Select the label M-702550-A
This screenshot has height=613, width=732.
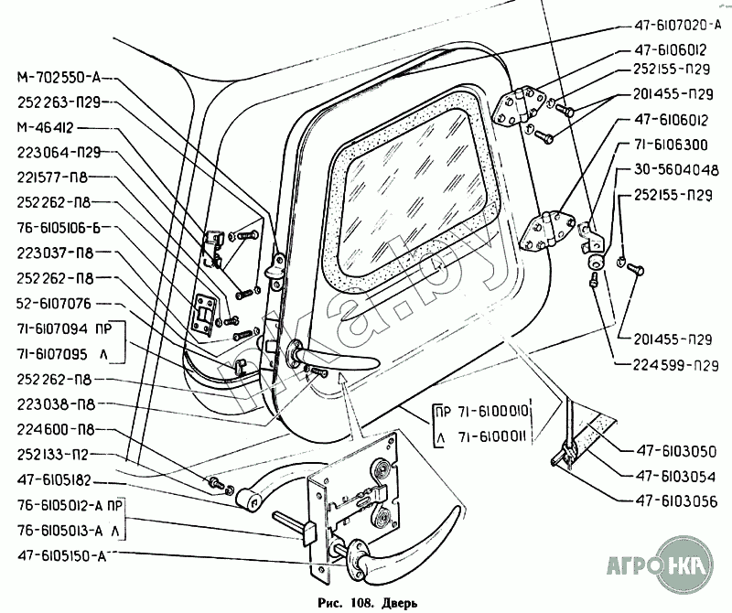[59, 78]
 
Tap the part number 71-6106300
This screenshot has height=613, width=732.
[671, 145]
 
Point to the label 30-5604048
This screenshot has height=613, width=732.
[676, 170]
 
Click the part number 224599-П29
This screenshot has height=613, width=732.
[675, 365]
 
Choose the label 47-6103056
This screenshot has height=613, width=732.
[676, 501]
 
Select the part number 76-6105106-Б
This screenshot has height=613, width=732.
[59, 228]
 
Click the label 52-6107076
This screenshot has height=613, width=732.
[54, 304]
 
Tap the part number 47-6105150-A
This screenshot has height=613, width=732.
[61, 556]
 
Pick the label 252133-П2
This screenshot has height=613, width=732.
[53, 455]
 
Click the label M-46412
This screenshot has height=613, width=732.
[45, 127]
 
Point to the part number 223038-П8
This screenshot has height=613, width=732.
[56, 404]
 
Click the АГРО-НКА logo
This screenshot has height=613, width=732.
[660, 565]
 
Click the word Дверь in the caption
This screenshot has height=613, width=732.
[400, 604]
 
